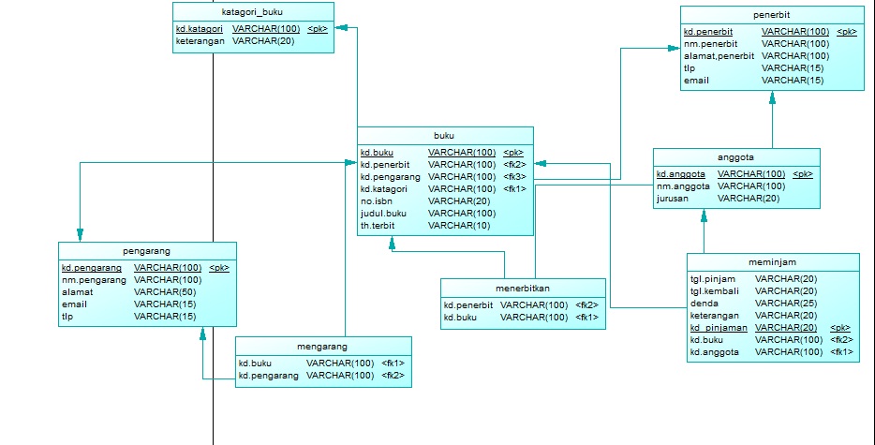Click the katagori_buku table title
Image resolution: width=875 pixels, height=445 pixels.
[x=252, y=12]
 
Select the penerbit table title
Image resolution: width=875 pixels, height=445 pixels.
[x=771, y=16]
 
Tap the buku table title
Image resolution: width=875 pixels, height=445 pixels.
[x=445, y=136]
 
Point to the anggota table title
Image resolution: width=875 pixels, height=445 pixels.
[x=735, y=158]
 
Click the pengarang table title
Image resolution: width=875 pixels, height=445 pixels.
[x=146, y=252]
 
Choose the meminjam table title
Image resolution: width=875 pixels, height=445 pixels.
[x=772, y=263]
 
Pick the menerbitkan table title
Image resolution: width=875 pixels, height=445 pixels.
[x=522, y=289]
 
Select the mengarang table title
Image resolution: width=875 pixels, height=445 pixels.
[x=322, y=346]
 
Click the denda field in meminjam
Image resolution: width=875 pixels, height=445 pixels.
[x=704, y=304]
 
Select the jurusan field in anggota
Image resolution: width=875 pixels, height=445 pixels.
[x=675, y=199]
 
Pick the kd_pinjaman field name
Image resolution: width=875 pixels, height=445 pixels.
[x=719, y=328]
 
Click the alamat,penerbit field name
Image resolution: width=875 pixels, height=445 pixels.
[x=719, y=56]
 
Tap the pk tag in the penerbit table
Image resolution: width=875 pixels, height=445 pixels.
[x=846, y=32]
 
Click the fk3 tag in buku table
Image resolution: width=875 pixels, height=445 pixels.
[x=514, y=176]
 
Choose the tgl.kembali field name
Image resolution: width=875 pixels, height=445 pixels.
[x=715, y=291]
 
